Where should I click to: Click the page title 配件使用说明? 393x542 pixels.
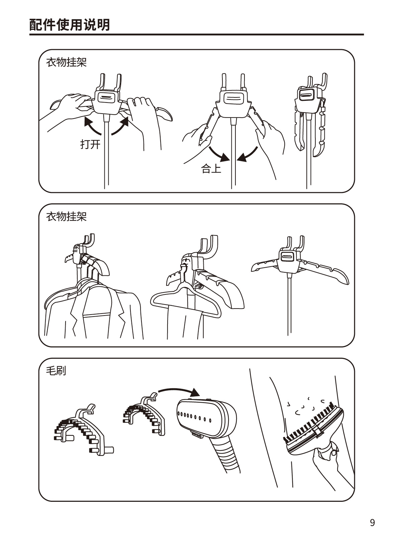tap(70, 25)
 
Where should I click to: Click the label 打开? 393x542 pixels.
tap(90, 144)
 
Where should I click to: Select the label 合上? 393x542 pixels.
tap(211, 168)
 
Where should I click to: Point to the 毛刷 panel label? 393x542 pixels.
tap(56, 371)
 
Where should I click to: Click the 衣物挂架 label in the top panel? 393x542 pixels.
tap(66, 62)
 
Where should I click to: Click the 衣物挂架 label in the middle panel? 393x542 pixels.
tap(66, 216)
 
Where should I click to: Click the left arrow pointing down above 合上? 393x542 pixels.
tap(218, 155)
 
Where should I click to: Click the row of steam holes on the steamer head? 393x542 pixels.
tap(194, 416)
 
